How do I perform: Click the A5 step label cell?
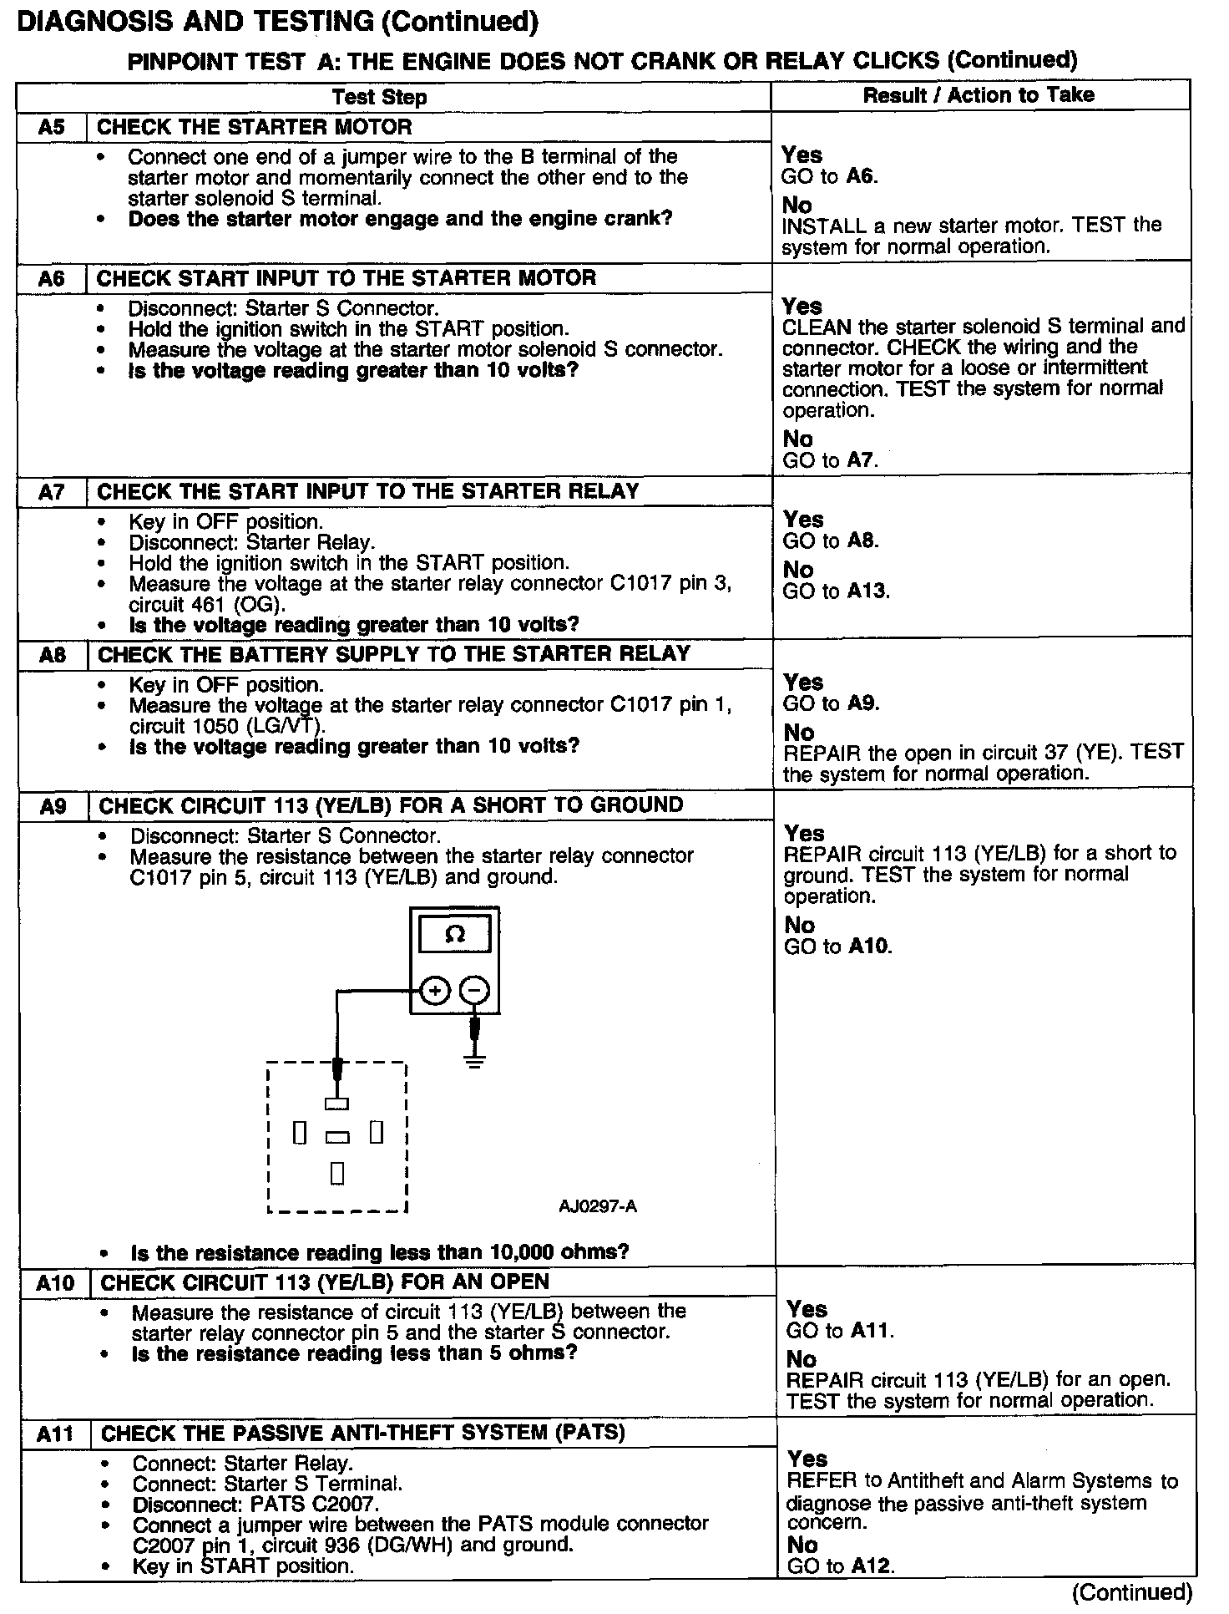51,127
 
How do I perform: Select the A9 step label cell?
53,806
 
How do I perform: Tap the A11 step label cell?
55,1434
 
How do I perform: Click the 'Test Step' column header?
379,97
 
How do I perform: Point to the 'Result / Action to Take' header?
979,95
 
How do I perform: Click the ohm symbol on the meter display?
455,934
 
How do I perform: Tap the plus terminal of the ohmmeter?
434,991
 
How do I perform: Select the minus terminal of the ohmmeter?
474,991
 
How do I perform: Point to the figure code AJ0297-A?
598,1206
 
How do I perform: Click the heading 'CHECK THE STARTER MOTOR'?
255,127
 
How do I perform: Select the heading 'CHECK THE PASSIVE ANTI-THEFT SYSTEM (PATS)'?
362,1434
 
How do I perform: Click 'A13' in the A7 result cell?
868,591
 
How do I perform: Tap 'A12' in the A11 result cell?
872,1566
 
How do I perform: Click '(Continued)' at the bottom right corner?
1132,1592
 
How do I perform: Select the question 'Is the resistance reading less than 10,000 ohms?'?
380,1252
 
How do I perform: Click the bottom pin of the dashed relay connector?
337,1174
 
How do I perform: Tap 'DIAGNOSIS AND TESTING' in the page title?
195,22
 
